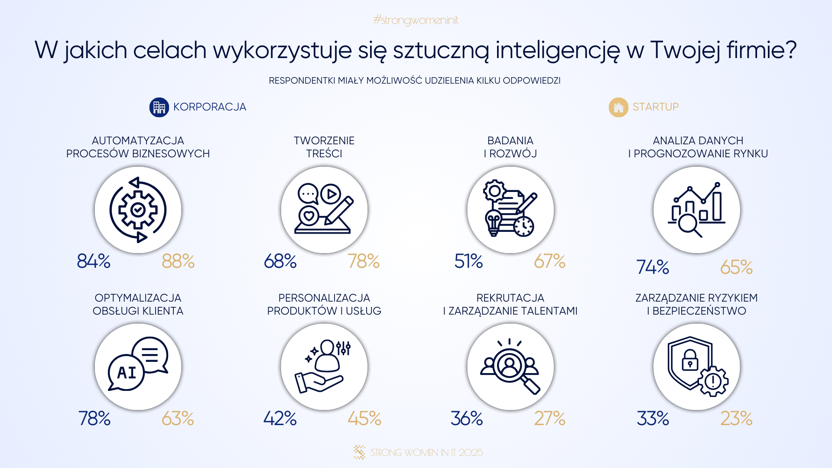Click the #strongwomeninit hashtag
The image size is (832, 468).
[x=416, y=20]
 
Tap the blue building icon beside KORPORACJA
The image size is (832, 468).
[x=159, y=107]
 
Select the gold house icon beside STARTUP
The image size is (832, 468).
[x=618, y=107]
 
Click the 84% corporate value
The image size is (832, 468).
[x=94, y=261]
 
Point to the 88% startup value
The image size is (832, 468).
[x=178, y=261]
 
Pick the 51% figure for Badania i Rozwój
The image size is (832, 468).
[x=468, y=261]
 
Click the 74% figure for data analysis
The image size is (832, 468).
[x=653, y=267]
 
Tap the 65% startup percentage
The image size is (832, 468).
[x=736, y=267]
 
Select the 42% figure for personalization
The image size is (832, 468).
[x=280, y=419]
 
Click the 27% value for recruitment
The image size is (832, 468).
[x=549, y=419]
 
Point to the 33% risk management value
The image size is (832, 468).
[x=653, y=419]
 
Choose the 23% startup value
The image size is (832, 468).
[x=736, y=419]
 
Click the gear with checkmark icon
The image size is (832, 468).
[x=138, y=210]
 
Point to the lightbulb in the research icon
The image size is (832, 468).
[x=493, y=222]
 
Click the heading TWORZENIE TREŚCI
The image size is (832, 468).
[x=324, y=147]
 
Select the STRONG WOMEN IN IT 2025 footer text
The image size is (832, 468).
[x=426, y=452]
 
